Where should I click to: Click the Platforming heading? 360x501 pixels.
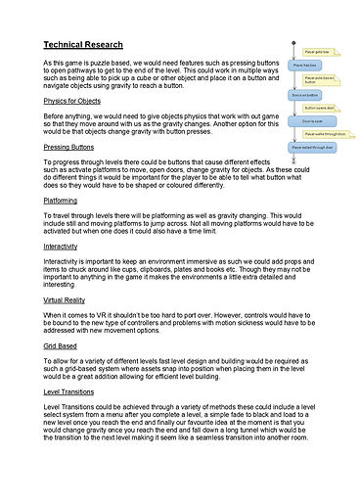pos(67,200)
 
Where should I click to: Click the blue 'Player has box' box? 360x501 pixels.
pos(304,66)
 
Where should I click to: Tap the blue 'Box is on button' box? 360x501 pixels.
pos(303,94)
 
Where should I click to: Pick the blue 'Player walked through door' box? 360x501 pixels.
pos(311,148)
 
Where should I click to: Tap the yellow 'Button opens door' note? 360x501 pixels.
pos(319,108)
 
